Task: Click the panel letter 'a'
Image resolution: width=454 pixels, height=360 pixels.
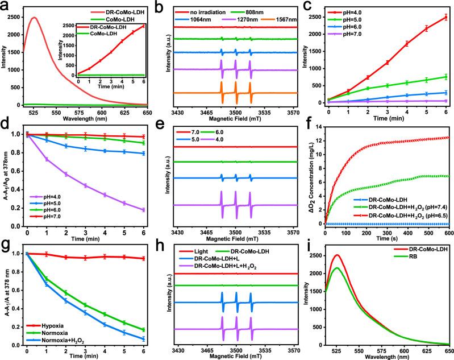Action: coord(5,5)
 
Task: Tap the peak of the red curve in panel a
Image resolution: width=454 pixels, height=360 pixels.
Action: coord(35,18)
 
